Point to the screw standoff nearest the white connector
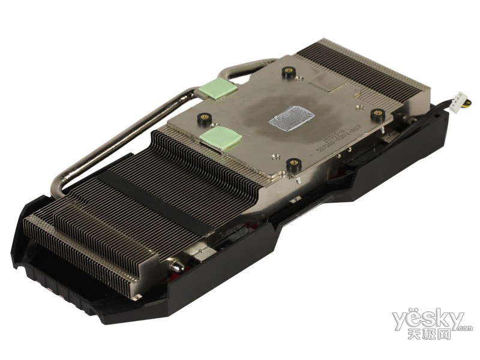pyautogui.click(x=378, y=113)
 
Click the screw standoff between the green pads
pyautogui.click(x=205, y=118)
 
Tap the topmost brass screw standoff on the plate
pyautogui.click(x=289, y=73)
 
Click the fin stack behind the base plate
pyautogui.click(x=360, y=66)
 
